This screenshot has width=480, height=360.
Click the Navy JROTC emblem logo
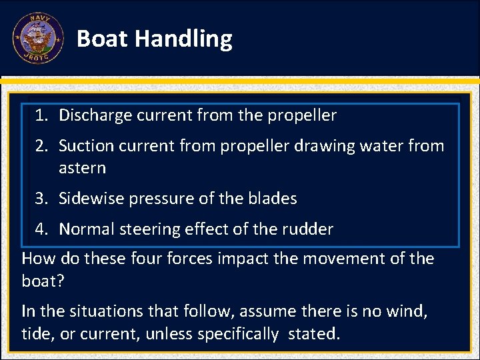[37, 38]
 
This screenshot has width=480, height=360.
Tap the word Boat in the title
[103, 39]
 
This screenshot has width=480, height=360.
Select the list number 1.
[41, 115]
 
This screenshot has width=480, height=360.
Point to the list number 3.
[41, 199]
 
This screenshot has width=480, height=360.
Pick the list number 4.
[41, 229]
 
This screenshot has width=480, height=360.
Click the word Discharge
[95, 115]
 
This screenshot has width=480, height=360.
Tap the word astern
[82, 168]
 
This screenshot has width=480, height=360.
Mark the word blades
[273, 199]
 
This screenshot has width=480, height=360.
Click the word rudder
[309, 229]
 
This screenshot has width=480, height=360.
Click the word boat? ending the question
[43, 281]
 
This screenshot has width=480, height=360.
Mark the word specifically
[236, 333]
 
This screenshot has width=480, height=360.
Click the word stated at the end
[313, 333]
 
